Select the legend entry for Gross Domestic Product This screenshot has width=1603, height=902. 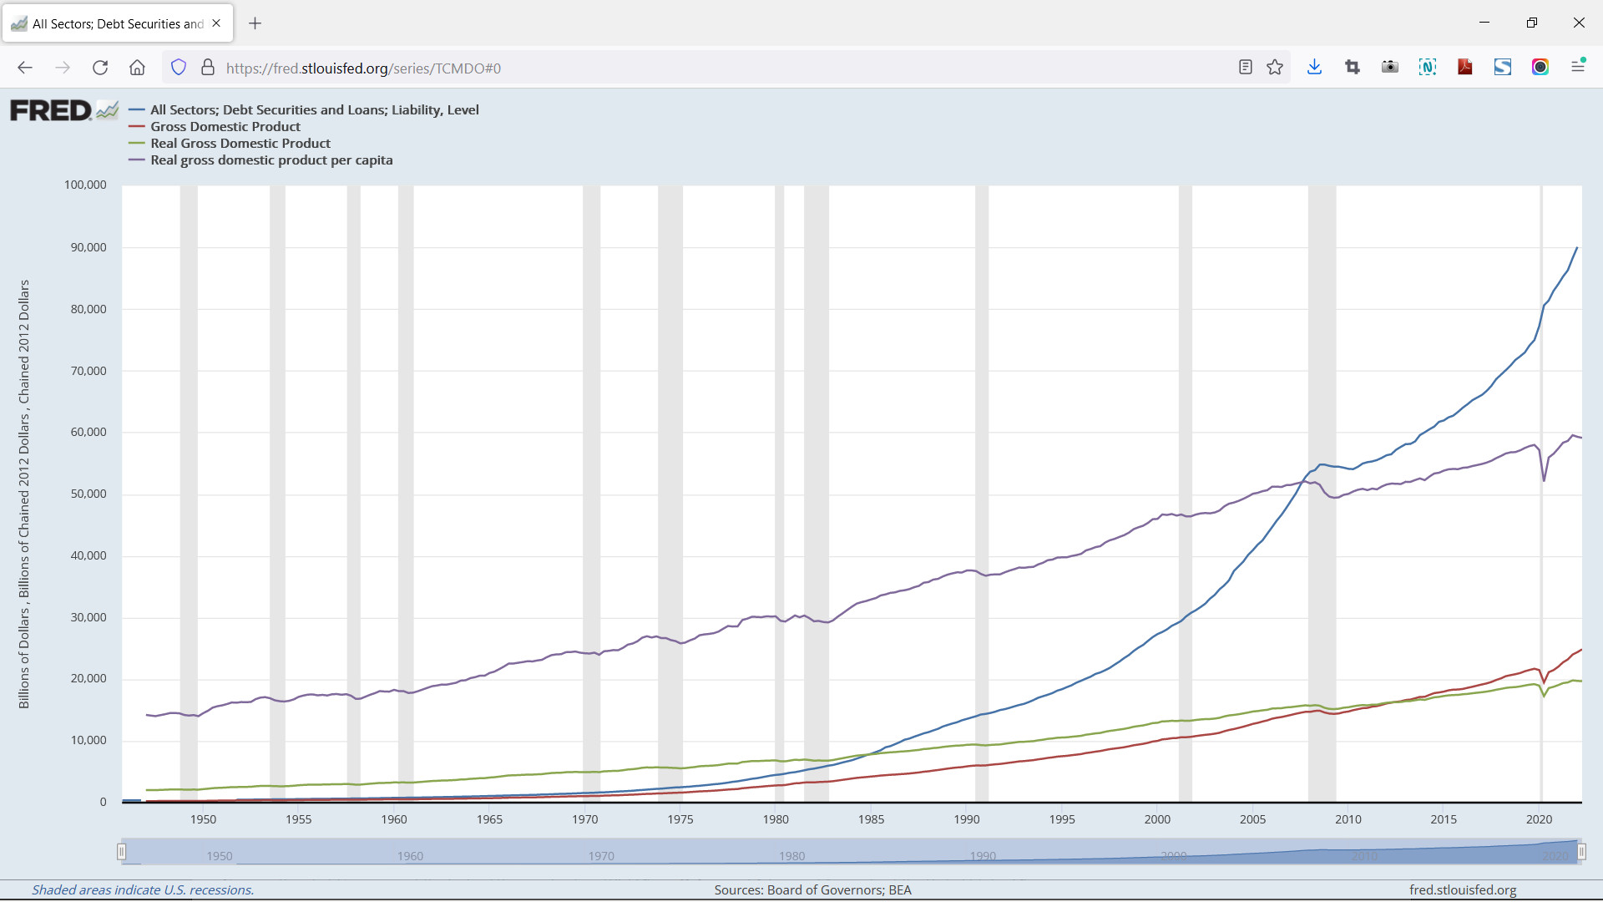225,127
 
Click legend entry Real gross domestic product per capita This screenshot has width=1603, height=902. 271,160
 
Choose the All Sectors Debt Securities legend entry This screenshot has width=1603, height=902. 314,110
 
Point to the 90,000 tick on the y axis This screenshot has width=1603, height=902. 88,247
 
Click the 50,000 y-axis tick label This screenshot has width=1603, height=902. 88,494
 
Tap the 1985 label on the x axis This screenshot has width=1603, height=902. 871,819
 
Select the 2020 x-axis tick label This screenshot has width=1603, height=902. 1539,819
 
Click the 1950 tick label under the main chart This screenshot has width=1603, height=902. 203,819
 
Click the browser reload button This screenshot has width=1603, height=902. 100,68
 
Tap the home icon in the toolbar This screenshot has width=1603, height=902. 137,68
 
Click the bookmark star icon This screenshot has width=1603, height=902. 1274,68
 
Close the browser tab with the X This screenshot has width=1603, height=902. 216,23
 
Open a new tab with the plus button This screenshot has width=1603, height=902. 255,23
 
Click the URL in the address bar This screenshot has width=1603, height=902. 363,68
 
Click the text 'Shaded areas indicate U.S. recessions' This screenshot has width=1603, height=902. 143,889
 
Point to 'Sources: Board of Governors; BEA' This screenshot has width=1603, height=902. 812,889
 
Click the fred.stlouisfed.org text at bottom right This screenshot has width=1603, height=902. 1463,889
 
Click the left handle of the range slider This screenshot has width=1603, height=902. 122,852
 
